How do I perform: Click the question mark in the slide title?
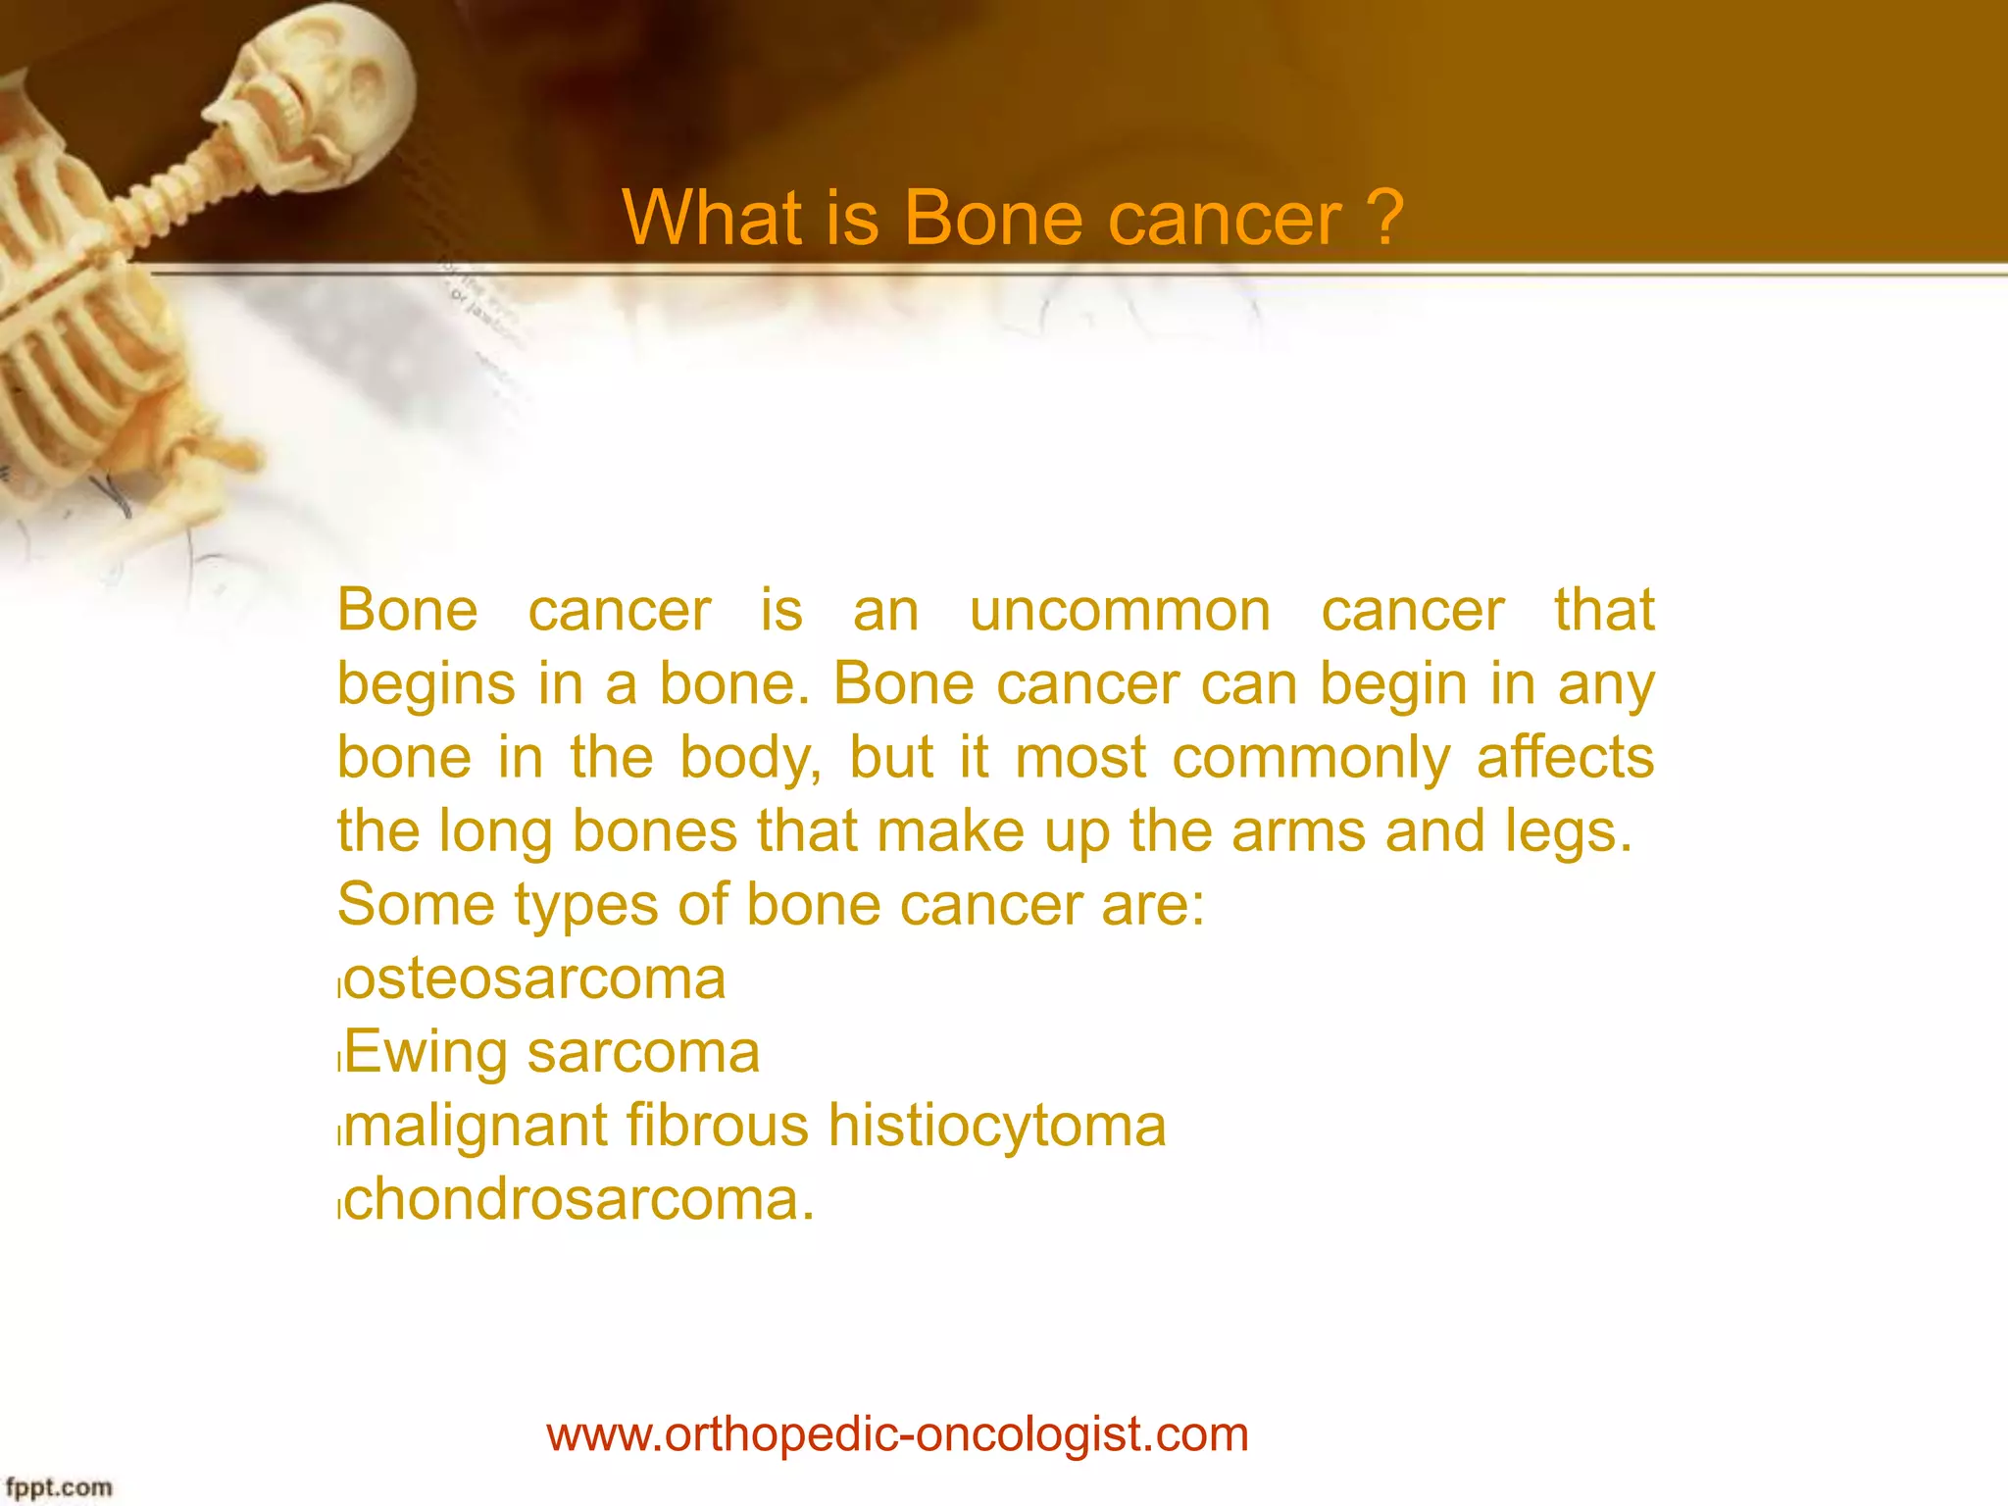(1385, 218)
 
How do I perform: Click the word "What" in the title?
(712, 218)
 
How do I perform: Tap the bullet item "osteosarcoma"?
(534, 979)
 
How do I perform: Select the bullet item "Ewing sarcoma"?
(551, 1052)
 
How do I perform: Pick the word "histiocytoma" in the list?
(997, 1126)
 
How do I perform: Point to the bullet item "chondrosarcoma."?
(578, 1199)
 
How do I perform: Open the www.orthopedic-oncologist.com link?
(897, 1434)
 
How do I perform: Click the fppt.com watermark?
(59, 1487)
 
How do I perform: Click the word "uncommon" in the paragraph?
(1120, 611)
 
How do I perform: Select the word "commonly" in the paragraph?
(1311, 758)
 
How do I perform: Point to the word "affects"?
(1565, 758)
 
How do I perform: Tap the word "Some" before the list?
(416, 904)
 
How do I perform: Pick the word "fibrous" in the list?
(717, 1126)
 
